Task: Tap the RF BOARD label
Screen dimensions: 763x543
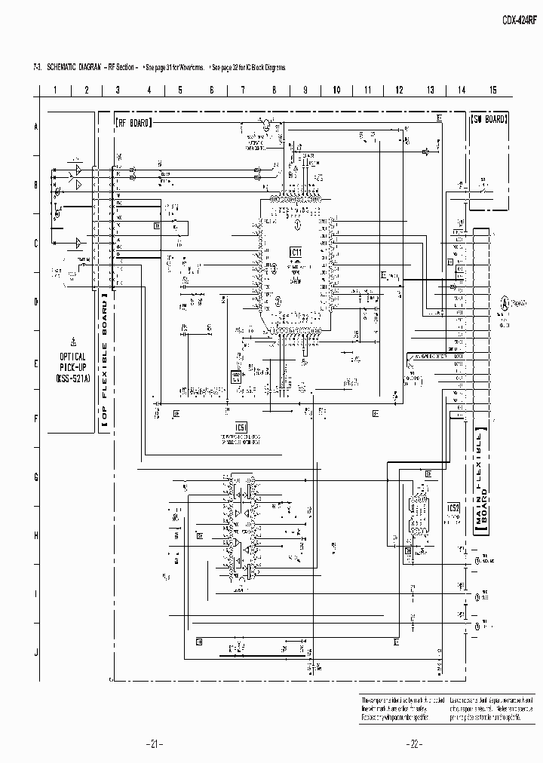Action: pyautogui.click(x=133, y=121)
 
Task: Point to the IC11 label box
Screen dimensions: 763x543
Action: pyautogui.click(x=296, y=252)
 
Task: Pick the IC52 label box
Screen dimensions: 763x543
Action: pyautogui.click(x=453, y=507)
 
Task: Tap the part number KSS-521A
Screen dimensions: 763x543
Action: pyautogui.click(x=72, y=378)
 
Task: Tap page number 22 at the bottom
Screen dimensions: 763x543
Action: pyautogui.click(x=413, y=743)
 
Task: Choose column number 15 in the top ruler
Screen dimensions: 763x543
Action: pyautogui.click(x=492, y=90)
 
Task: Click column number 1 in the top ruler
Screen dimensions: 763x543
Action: pyautogui.click(x=55, y=90)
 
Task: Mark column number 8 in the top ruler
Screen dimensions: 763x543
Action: pyautogui.click(x=274, y=90)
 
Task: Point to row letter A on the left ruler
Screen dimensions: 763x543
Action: pyautogui.click(x=35, y=127)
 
